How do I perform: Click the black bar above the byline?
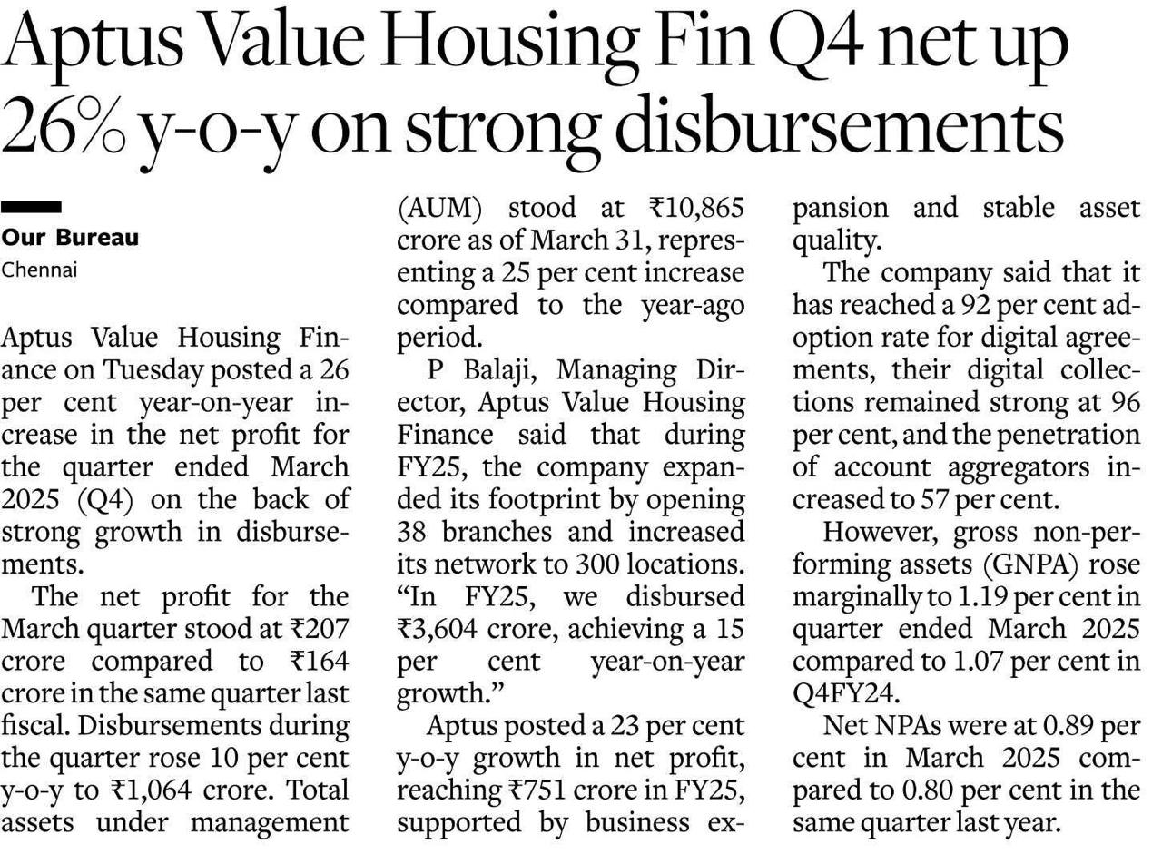pos(31,207)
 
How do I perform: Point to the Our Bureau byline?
pos(70,238)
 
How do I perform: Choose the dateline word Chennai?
pos(39,270)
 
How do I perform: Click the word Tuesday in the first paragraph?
pos(153,371)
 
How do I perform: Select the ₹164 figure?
pos(319,662)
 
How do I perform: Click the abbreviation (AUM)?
pos(440,209)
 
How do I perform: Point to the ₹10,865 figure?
pos(696,209)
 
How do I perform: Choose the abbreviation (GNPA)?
pos(1029,565)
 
